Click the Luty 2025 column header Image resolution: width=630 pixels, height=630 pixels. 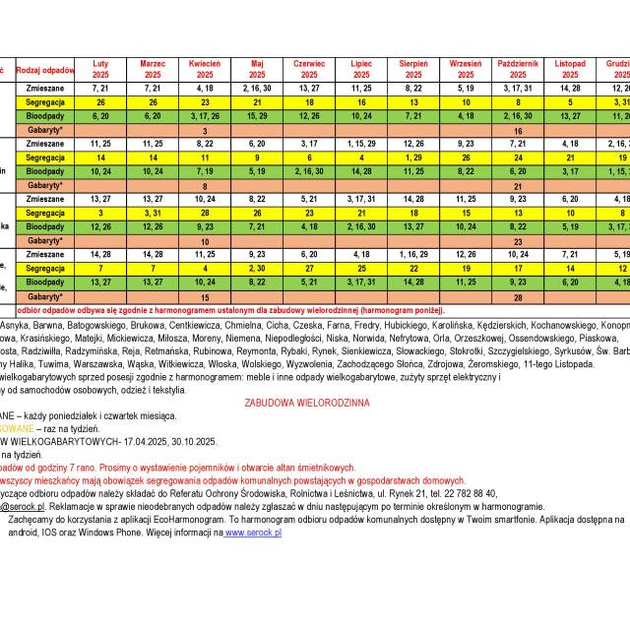coord(100,69)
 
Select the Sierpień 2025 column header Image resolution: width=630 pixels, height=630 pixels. coord(413,69)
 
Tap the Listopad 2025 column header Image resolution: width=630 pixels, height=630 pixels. coord(570,69)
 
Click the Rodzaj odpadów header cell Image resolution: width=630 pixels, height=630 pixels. coord(46,70)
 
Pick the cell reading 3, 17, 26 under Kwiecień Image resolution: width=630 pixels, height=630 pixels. coord(205,115)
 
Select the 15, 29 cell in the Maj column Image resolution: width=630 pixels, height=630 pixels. coord(257,115)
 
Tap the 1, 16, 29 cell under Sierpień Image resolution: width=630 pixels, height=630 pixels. coord(413,254)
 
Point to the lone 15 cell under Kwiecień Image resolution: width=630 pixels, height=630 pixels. coord(205,296)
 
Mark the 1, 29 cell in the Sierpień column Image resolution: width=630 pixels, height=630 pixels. coord(413,157)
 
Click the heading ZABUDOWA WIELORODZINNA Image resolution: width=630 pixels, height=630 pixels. coord(308,403)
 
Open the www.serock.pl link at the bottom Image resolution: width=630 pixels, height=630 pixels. coord(253,533)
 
